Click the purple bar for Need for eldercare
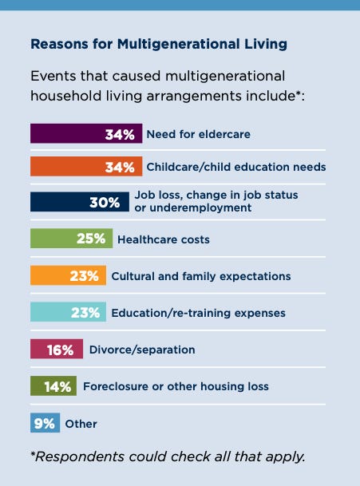pyautogui.click(x=86, y=134)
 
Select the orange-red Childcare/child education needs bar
pyautogui.click(x=86, y=168)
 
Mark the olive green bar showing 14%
pyautogui.click(x=53, y=386)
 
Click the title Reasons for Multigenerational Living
pyautogui.click(x=158, y=44)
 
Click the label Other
pyautogui.click(x=81, y=424)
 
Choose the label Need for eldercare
pyautogui.click(x=198, y=134)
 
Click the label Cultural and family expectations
pyautogui.click(x=200, y=276)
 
